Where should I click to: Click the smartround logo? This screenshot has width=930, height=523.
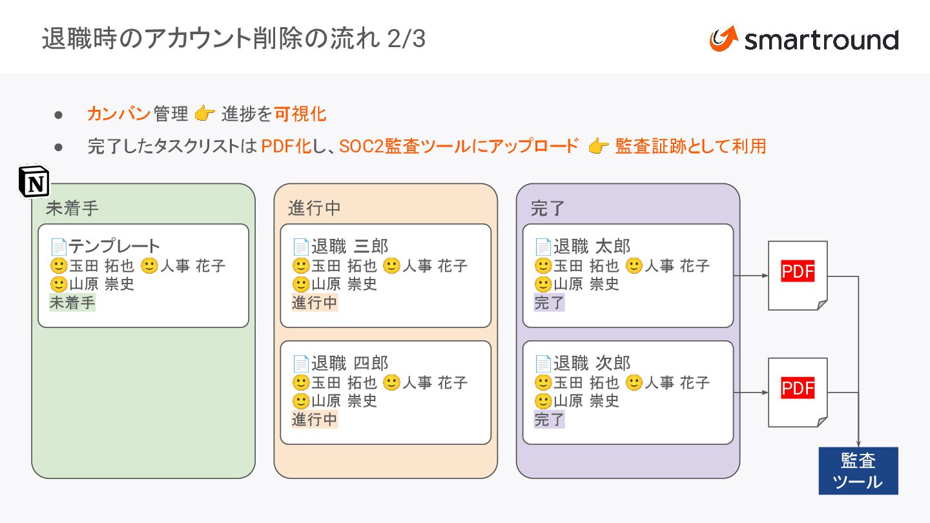pos(803,39)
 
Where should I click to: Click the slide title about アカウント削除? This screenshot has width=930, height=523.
pos(233,39)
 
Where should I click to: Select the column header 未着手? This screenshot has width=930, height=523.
pos(72,209)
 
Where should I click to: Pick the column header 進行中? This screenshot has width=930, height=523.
pos(315,209)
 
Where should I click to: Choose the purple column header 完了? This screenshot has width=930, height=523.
pos(548,209)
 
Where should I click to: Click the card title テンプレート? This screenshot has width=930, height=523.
pos(114,246)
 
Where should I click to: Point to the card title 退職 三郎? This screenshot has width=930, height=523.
pos(349,246)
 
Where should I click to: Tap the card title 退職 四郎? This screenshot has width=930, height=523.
pos(349,363)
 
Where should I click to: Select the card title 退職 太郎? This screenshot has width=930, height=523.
pos(592,246)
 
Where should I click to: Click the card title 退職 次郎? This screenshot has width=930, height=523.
pos(592,363)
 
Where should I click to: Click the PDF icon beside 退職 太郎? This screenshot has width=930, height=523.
pos(798,275)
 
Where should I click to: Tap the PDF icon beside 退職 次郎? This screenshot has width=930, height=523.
pos(798,392)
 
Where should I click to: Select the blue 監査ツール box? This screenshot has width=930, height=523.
pos(858,471)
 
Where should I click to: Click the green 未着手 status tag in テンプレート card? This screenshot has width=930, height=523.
pos(72,303)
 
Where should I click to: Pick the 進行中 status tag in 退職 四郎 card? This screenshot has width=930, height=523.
pos(315,420)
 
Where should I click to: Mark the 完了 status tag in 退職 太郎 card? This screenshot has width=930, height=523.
pos(549,303)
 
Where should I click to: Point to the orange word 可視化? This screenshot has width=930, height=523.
pos(300,114)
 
